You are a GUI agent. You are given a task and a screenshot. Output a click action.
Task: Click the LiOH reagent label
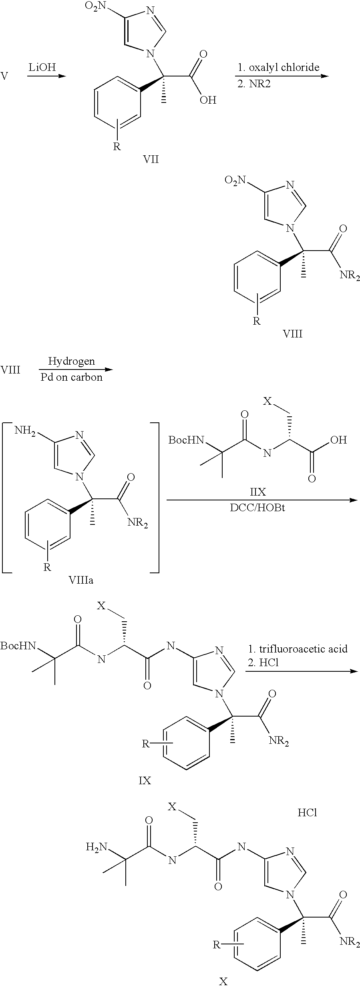click(42, 67)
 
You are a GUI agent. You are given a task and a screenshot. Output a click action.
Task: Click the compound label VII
click(151, 159)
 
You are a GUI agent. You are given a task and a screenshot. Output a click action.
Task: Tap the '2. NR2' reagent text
click(254, 84)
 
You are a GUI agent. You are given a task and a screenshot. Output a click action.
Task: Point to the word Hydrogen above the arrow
click(72, 361)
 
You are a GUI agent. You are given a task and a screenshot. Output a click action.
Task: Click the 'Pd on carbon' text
click(72, 377)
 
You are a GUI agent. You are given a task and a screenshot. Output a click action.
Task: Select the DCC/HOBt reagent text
click(262, 508)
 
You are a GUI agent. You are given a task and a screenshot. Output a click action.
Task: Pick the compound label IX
click(145, 781)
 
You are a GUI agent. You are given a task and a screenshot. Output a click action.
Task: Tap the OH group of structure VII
click(208, 100)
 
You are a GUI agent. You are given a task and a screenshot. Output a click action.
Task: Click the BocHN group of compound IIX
click(186, 441)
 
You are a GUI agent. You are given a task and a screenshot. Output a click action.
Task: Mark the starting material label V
click(4, 76)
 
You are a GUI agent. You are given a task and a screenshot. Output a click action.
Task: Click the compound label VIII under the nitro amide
click(293, 333)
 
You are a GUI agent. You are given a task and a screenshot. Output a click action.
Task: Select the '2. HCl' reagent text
click(263, 663)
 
